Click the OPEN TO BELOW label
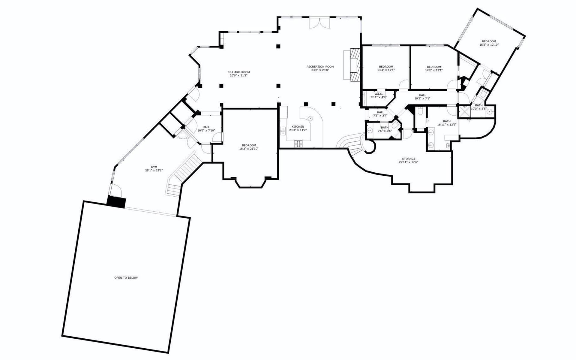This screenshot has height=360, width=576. tap(126, 278)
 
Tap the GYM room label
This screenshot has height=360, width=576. tap(154, 167)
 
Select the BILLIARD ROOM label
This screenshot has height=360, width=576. tap(238, 72)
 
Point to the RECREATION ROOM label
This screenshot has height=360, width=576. tap(320, 67)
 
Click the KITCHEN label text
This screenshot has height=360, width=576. tap(298, 127)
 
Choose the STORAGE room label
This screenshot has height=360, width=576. tap(409, 159)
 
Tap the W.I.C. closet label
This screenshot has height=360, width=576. tap(379, 94)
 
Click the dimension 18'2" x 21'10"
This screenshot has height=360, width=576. tap(249, 149)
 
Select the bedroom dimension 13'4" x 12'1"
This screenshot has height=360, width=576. tap(386, 70)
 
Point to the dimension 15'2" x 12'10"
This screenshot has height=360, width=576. tap(489, 45)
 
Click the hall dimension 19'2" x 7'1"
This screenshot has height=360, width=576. tap(422, 98)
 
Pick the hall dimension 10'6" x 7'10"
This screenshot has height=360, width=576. tap(206, 130)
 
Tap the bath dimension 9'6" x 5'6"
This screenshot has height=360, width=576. tap(385, 131)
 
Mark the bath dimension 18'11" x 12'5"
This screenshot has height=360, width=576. tap(447, 125)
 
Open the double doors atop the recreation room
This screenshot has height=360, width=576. tap(320, 23)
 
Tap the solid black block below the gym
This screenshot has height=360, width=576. tap(116, 202)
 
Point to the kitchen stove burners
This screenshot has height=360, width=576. tap(298, 144)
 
